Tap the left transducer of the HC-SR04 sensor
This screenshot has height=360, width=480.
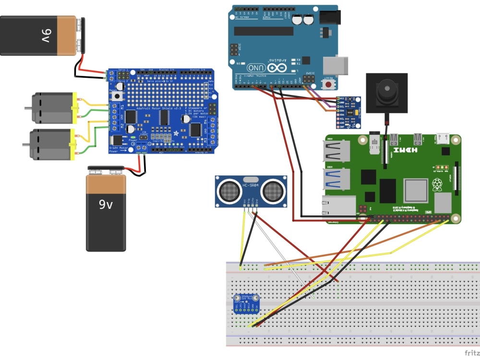tap(230, 190)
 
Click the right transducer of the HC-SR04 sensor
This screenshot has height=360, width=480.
tap(272, 190)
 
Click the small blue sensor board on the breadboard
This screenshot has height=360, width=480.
tap(246, 304)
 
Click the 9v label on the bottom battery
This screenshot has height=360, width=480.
tap(106, 204)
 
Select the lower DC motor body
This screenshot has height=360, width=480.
tap(50, 144)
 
